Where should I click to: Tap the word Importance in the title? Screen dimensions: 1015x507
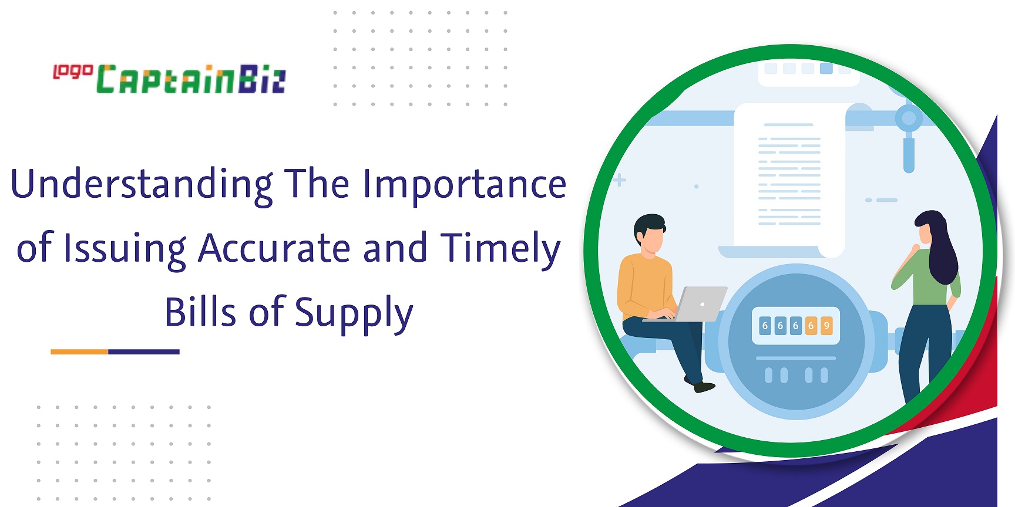[x=464, y=184]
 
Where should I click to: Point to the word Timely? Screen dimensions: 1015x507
[x=500, y=249]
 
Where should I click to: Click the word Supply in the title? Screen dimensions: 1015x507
[x=354, y=313]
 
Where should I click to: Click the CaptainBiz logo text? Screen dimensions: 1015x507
[x=191, y=79]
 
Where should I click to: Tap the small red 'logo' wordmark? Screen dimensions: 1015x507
[x=73, y=72]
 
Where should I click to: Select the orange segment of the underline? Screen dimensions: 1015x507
[x=79, y=351]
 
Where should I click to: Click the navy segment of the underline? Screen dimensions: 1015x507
[x=144, y=351]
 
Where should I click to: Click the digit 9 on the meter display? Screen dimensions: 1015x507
[x=826, y=326]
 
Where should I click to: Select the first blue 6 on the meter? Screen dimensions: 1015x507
[x=765, y=326]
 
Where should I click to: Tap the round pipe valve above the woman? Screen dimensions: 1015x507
[x=909, y=119]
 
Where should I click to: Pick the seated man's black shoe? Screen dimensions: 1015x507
[x=704, y=387]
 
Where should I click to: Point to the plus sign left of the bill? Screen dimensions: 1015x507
[x=620, y=180]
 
